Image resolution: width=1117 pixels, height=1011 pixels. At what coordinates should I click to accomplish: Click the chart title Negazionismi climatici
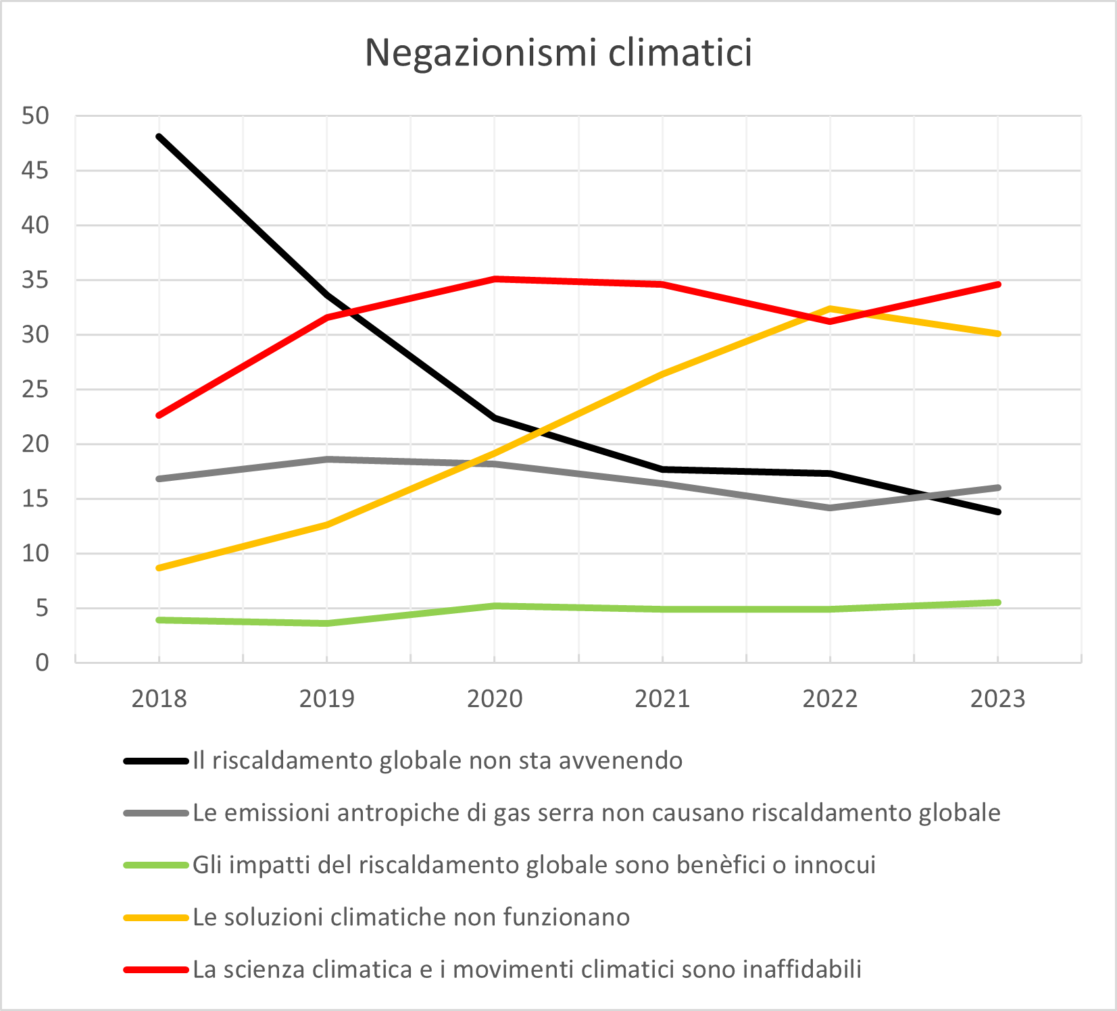[558, 53]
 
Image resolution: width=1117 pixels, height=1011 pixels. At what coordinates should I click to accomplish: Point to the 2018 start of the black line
[159, 136]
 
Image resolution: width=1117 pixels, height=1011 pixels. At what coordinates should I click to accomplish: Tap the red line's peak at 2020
[495, 278]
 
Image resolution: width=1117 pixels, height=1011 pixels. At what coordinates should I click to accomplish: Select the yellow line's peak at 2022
[830, 309]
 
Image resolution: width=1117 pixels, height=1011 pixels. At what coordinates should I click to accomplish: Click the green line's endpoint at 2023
[997, 602]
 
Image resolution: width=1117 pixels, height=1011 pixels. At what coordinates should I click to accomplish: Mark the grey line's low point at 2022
[830, 507]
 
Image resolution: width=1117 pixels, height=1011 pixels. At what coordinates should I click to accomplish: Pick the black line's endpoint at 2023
[997, 512]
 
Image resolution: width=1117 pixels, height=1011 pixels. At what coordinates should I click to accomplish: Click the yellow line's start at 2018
[159, 568]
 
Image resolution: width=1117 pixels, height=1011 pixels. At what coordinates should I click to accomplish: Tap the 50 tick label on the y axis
[36, 115]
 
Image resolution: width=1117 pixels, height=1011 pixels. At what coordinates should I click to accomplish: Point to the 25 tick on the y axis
[36, 389]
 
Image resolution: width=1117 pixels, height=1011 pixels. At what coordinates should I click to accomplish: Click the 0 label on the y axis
[42, 663]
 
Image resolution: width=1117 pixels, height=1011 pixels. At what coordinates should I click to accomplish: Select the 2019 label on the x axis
[327, 698]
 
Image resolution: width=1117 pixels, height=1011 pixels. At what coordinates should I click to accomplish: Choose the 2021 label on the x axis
[662, 698]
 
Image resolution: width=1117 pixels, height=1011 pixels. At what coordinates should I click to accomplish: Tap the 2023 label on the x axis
[997, 698]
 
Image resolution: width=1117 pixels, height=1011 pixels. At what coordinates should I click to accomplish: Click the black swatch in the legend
[156, 761]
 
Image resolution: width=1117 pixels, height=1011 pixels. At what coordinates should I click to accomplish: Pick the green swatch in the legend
[156, 865]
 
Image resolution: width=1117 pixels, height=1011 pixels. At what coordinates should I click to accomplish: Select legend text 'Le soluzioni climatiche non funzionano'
[411, 917]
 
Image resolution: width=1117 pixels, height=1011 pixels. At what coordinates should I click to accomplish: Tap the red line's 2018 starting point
[159, 415]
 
